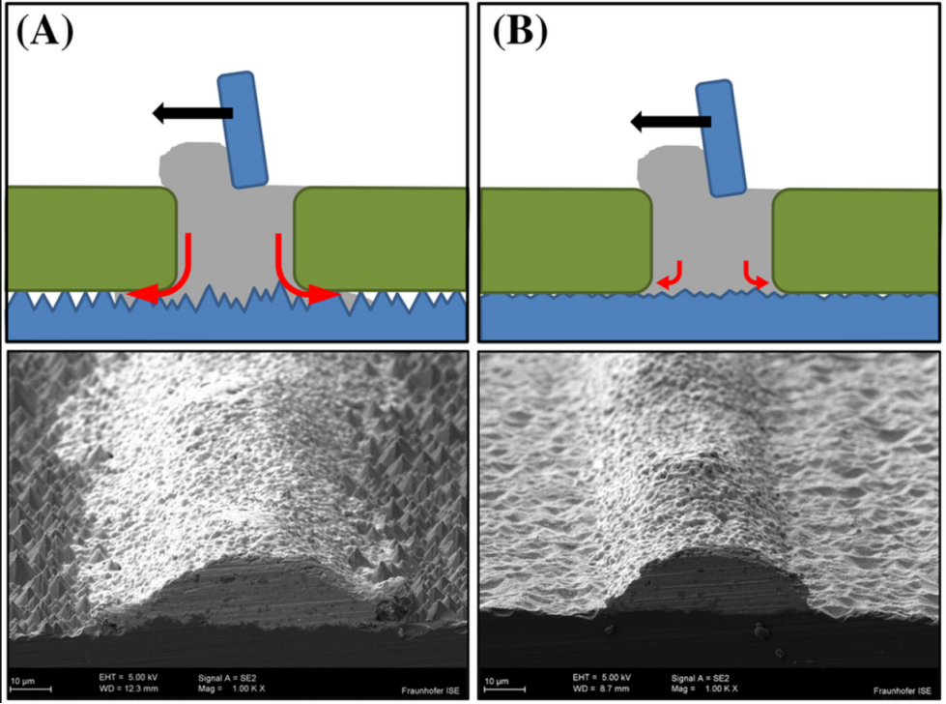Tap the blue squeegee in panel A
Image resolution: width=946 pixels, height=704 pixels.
coord(243,129)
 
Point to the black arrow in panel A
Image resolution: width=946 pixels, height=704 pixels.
coord(192,114)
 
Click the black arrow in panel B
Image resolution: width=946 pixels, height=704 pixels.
coord(671,121)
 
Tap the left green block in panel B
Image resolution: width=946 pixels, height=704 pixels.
coord(565,241)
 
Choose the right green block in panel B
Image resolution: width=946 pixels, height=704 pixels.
coord(854,241)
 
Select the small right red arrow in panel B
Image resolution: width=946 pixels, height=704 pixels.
coord(754,275)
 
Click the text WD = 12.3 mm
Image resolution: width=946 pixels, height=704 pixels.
coord(129,688)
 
